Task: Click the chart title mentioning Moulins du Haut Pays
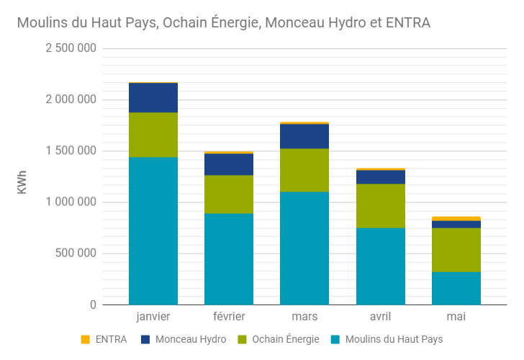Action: click(223, 23)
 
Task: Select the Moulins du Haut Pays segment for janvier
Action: click(153, 230)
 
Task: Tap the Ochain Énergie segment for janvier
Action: click(153, 135)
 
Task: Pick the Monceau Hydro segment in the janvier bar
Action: click(153, 98)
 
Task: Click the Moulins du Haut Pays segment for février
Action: click(229, 259)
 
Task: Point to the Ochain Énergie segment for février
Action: click(229, 194)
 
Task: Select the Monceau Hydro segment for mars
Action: click(304, 136)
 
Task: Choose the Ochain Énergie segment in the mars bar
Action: click(304, 170)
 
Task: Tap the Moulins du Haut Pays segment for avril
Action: click(380, 266)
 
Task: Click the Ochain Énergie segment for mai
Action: click(456, 250)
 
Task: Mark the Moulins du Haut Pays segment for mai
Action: click(456, 288)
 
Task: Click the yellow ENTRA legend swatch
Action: click(85, 339)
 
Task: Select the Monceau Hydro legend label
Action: click(191, 339)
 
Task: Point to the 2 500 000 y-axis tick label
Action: click(71, 48)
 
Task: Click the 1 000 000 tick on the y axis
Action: click(71, 202)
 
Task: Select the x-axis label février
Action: click(229, 317)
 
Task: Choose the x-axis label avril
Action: click(380, 317)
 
